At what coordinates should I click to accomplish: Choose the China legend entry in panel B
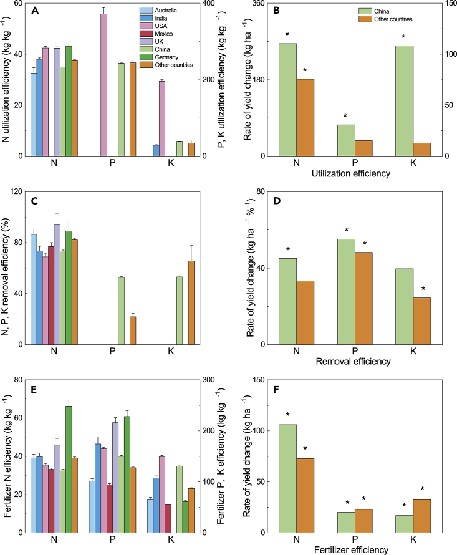(x=374, y=11)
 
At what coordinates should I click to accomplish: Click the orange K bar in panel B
(x=421, y=150)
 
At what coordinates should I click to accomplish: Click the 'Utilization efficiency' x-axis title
(x=355, y=176)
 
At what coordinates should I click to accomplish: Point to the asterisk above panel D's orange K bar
(x=422, y=289)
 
